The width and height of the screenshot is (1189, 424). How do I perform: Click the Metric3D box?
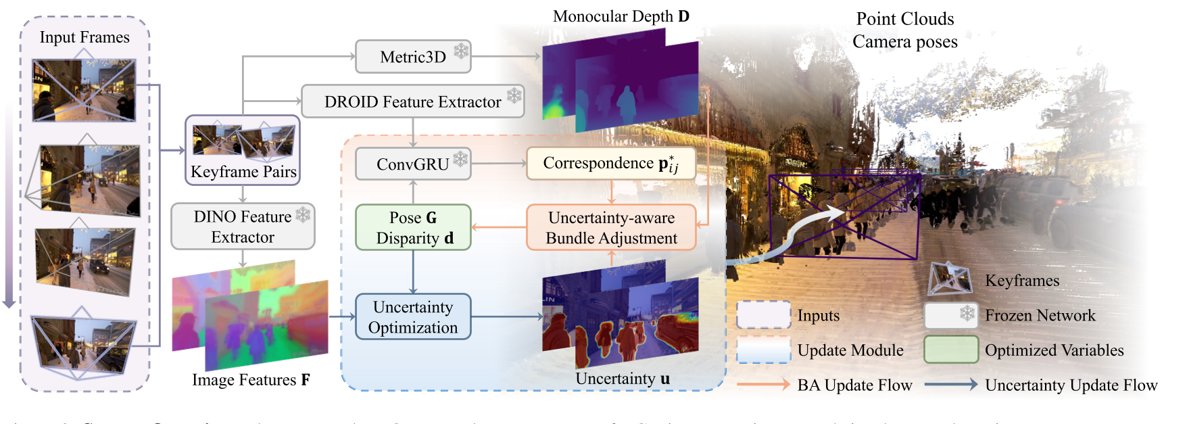[412, 57]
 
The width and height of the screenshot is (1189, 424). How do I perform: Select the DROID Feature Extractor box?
[412, 101]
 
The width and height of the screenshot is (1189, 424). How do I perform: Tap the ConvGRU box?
[412, 164]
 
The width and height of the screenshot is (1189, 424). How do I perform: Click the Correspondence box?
[610, 164]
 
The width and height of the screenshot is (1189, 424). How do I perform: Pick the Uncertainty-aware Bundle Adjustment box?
[610, 228]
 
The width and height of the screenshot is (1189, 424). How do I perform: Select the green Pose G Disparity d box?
[413, 228]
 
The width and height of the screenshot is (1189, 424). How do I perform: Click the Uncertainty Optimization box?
[413, 316]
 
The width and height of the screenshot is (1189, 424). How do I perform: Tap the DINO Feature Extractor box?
[243, 227]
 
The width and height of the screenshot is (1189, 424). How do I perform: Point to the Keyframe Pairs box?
[243, 150]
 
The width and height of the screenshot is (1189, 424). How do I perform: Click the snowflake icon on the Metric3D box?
[461, 51]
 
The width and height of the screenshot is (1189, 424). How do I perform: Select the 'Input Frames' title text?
[84, 37]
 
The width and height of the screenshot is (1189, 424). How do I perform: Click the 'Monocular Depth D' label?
[621, 16]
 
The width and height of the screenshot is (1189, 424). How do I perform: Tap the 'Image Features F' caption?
[251, 380]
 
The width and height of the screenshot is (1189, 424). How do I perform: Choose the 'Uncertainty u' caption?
[623, 379]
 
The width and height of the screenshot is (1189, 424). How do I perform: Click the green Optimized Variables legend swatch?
[951, 350]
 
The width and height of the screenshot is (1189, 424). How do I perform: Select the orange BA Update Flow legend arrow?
[762, 385]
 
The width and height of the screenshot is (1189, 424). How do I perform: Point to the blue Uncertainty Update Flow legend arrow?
[950, 385]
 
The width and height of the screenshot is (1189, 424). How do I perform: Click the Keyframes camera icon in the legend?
[949, 279]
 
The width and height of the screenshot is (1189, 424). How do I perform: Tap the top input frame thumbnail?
[84, 90]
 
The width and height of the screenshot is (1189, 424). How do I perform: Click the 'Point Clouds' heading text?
[904, 19]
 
